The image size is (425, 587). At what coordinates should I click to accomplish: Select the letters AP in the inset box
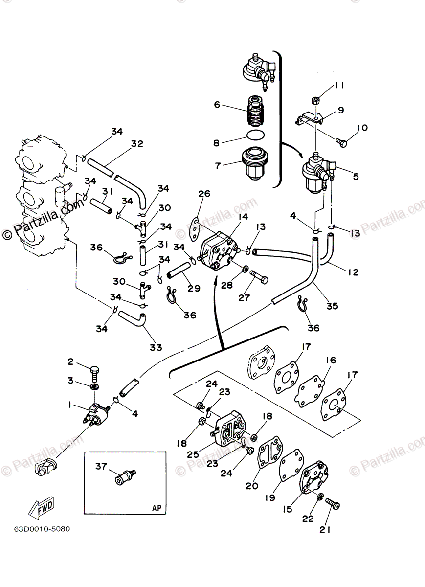coord(156,507)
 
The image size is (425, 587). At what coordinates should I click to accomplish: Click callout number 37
coord(101,467)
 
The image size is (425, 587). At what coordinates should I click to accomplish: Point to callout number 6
coord(217,104)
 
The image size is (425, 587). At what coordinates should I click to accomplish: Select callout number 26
coord(204,194)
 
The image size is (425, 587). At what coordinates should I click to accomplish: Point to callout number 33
coord(156,347)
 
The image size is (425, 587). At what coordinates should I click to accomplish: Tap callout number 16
coord(331,361)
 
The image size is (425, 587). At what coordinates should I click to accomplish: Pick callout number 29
coord(194,289)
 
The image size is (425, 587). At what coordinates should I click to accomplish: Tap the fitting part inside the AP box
coord(125,477)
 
